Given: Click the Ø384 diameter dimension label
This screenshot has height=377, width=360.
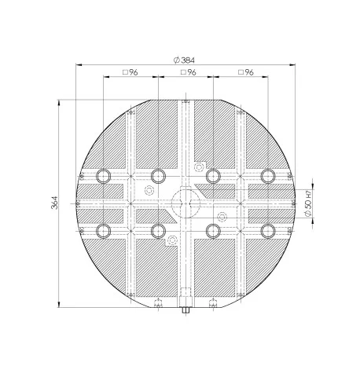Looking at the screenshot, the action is click(x=184, y=60).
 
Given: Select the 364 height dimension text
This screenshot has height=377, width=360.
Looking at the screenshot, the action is click(x=54, y=203).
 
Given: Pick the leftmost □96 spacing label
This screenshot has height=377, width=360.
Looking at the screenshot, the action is click(x=130, y=72).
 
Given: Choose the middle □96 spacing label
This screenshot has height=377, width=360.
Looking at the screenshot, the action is click(x=189, y=72).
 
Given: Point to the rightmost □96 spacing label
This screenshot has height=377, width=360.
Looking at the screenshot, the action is click(x=246, y=72).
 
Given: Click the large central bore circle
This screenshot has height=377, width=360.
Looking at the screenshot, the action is click(x=186, y=203).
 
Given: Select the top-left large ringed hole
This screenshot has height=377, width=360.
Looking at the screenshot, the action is click(x=103, y=176).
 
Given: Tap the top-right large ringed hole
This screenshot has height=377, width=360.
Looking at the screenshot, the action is click(x=268, y=176).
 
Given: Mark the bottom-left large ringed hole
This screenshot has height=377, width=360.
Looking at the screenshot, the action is click(x=103, y=231).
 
